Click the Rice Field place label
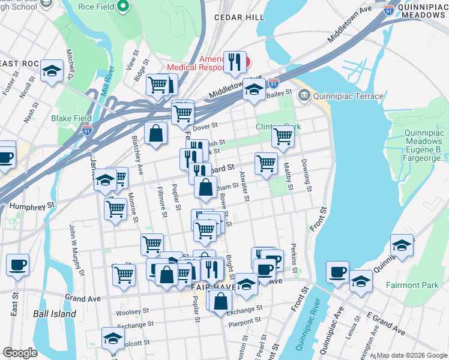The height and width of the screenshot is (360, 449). coord(97,7)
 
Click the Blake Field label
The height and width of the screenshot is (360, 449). coord(70,118)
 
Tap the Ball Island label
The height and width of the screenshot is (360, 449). coord(55,314)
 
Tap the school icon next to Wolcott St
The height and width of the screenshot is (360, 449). coord(112,337)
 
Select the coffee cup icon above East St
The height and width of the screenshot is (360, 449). coord(17,265)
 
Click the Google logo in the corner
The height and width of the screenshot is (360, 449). coord(20,353)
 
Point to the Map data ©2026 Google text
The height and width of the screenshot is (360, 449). coord(412,355)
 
